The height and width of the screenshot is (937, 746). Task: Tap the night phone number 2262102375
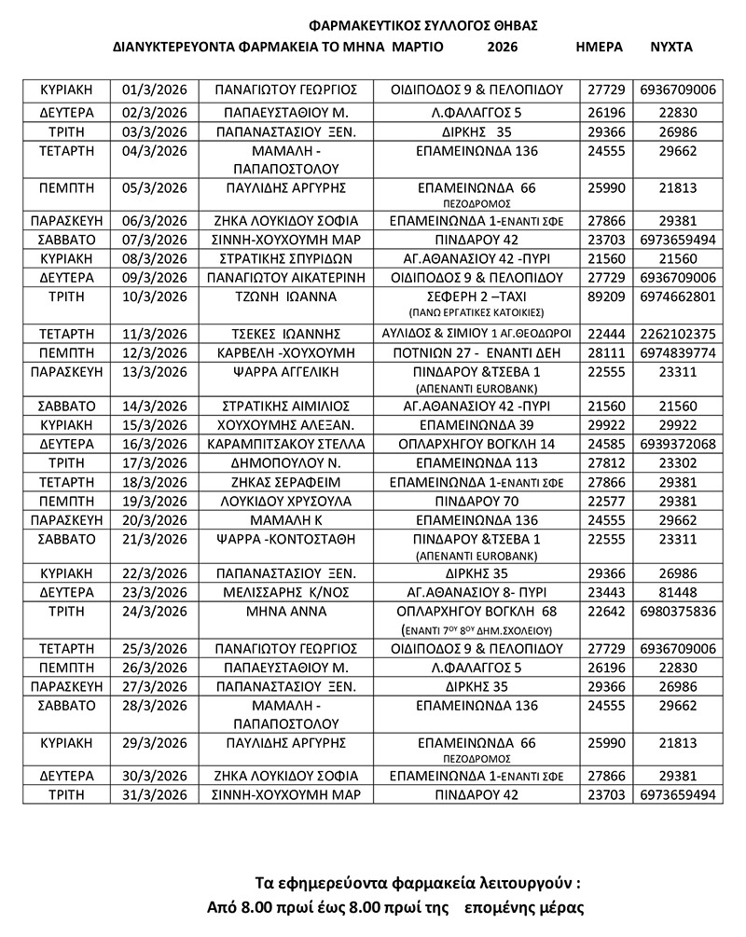point(679,334)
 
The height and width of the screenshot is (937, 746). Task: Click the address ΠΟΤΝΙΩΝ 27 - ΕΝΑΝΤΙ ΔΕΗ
point(476,352)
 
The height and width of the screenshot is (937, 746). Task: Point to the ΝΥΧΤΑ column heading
point(670,46)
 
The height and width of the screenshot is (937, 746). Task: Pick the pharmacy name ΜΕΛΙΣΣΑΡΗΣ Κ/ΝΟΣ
point(286,591)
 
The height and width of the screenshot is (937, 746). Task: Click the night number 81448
point(679,591)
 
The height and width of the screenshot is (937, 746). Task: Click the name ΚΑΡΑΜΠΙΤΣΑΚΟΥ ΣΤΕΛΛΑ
point(286,444)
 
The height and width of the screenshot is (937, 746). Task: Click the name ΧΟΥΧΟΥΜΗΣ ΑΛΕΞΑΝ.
point(286,425)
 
